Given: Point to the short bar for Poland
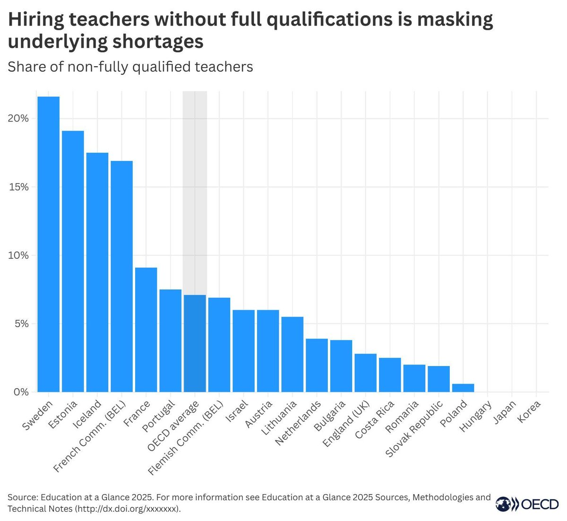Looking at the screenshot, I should pyautogui.click(x=463, y=388).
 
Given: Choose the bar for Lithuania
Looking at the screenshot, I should pyautogui.click(x=292, y=354).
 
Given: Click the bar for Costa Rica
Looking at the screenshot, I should pyautogui.click(x=390, y=375).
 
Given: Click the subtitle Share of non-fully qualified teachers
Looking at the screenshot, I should pyautogui.click(x=130, y=67).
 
